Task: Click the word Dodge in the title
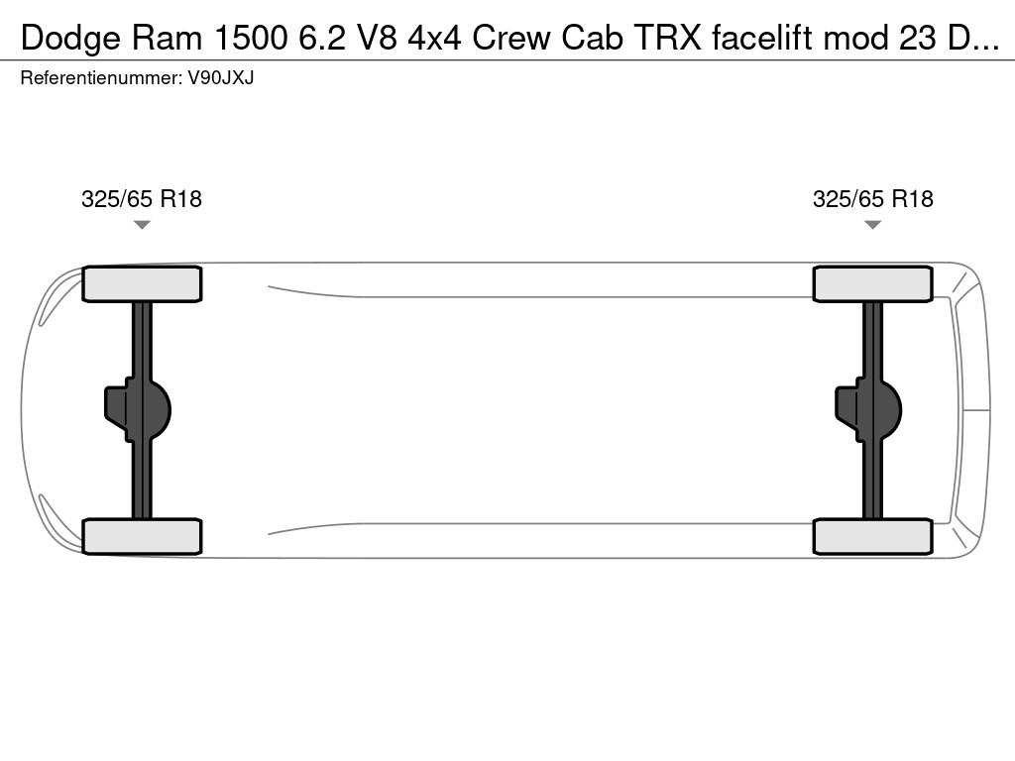tap(70, 39)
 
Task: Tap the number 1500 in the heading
tap(251, 38)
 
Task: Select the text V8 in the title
tap(376, 38)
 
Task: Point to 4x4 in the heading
tap(434, 38)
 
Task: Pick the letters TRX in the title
tap(667, 38)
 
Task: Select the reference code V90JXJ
tap(221, 77)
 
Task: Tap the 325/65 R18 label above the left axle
tap(142, 198)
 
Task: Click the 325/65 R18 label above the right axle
tap(872, 198)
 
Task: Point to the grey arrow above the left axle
tap(142, 225)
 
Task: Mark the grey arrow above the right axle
tap(872, 225)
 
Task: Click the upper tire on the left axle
tap(142, 283)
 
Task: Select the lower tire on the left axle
tap(142, 536)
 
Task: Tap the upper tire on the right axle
tap(872, 283)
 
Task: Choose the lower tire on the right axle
tap(872, 536)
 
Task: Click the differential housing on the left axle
tap(137, 410)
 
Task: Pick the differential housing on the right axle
tap(868, 410)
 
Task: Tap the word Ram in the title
tap(168, 38)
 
